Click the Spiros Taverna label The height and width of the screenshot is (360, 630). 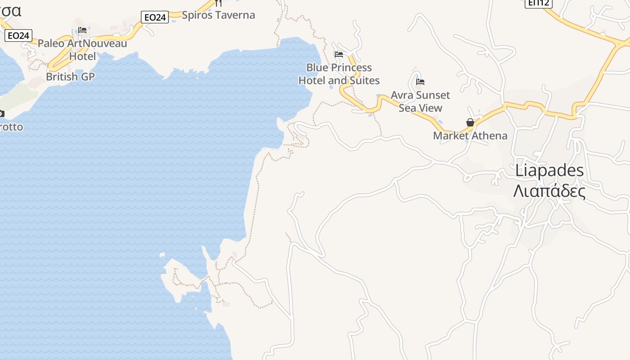tap(218, 15)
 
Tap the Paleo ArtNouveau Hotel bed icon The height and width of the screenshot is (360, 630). tap(82, 30)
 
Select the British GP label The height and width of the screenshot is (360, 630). tap(70, 76)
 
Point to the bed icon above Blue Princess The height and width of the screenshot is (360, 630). tap(339, 54)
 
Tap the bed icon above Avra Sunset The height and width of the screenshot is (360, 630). tap(420, 82)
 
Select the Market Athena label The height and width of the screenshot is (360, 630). tap(470, 135)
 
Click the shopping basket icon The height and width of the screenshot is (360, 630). tap(470, 122)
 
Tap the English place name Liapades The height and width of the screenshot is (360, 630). tap(549, 171)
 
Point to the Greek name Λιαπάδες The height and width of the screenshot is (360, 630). tap(549, 191)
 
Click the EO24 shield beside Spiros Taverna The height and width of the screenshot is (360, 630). tap(155, 17)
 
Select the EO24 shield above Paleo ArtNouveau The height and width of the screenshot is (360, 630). tap(18, 35)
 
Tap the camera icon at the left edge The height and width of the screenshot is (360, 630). tap(1, 113)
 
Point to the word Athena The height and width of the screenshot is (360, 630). tap(489, 135)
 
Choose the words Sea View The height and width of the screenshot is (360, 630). tap(420, 108)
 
